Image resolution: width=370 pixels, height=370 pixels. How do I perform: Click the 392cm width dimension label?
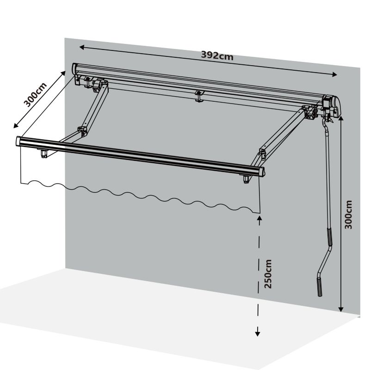[217, 56]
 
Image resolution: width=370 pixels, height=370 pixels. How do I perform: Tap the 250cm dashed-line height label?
[268, 274]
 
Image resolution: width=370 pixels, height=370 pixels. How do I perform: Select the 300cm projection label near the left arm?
[36, 95]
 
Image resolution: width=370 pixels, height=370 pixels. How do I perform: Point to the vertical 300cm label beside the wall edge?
[348, 215]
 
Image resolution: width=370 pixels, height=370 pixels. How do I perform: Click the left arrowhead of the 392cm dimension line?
[82, 48]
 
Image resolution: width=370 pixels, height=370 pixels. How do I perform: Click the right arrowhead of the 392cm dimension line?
[334, 74]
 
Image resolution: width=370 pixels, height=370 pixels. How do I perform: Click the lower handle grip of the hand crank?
[319, 287]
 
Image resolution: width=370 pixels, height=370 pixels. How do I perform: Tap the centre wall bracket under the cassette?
[199, 96]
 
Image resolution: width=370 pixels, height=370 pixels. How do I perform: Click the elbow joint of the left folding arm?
[82, 132]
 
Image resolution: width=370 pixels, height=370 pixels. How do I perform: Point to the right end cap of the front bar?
[262, 172]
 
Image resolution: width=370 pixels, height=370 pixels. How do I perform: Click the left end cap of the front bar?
[18, 142]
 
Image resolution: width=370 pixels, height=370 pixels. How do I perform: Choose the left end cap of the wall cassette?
[74, 69]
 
